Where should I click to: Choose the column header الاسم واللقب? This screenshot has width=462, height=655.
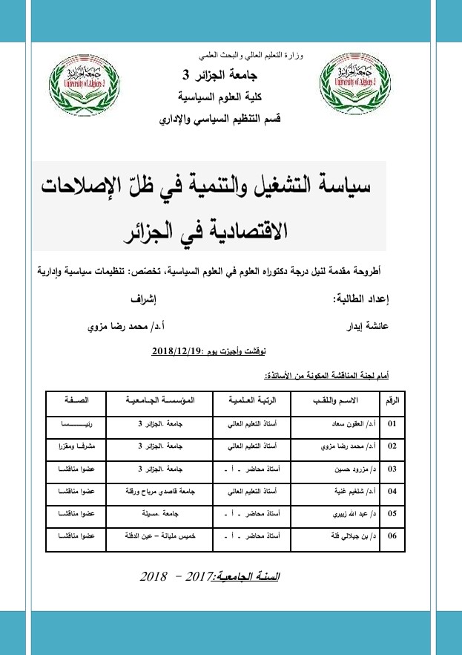point(336,400)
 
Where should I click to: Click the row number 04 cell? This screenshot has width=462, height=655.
point(392,491)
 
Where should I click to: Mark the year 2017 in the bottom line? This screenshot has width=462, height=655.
point(197,576)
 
